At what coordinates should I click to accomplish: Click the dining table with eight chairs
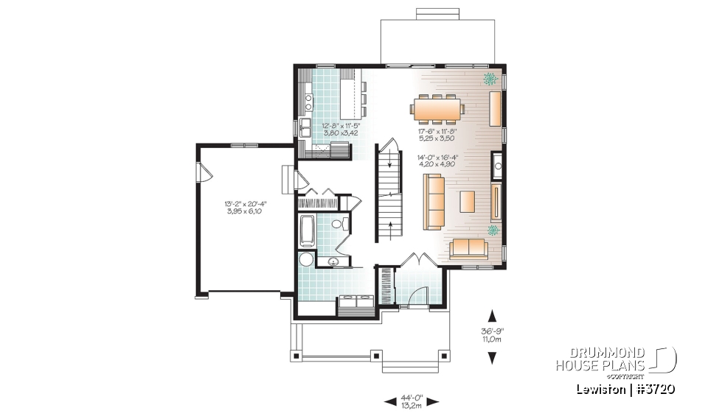coord(437,109)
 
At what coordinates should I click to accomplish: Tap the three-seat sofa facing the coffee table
coord(434,200)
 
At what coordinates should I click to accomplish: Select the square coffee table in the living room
coord(468,200)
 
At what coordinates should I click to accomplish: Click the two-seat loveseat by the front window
coord(468,248)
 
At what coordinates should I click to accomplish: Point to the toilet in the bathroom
coord(338,225)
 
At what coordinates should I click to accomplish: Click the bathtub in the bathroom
coord(307,230)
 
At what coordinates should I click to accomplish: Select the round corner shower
coord(306,260)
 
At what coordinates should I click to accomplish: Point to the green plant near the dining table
coord(488,78)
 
